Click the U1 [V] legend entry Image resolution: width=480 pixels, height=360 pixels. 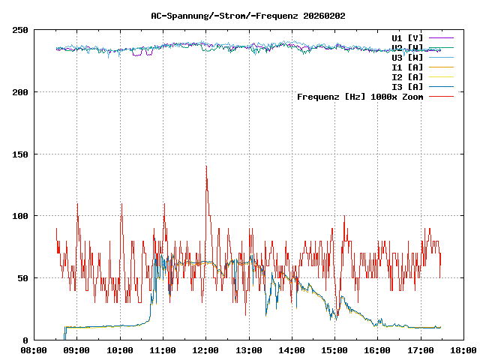(407, 37)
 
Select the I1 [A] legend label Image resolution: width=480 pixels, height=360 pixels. (407, 67)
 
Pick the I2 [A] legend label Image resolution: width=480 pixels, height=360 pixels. (407, 76)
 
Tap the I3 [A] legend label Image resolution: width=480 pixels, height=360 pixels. (407, 86)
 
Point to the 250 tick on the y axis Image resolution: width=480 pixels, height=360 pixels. (20, 30)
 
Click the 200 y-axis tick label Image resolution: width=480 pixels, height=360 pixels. (20, 92)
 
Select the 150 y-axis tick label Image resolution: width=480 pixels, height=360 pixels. (20, 154)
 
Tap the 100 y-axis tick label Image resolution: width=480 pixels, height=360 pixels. (20, 216)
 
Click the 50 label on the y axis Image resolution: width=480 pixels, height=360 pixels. (22, 277)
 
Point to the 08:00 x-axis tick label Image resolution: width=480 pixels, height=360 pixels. (34, 350)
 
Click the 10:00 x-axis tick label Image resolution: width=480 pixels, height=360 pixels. (120, 350)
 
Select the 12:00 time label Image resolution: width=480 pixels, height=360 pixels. (205, 350)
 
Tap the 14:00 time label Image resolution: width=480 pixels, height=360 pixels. (292, 350)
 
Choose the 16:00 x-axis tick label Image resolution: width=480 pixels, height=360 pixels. (377, 350)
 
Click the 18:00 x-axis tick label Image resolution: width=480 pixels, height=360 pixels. (463, 350)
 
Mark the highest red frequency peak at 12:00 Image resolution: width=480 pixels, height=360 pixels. (206, 167)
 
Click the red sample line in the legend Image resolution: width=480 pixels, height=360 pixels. (441, 96)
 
